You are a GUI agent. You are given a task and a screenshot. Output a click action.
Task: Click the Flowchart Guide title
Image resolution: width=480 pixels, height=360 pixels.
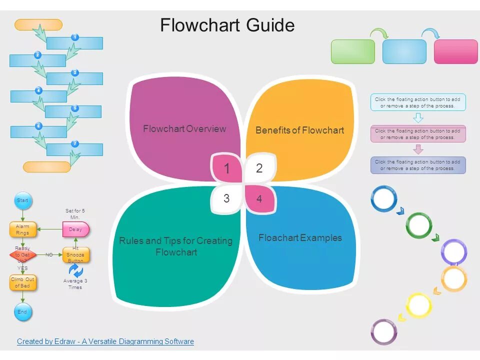(227, 25)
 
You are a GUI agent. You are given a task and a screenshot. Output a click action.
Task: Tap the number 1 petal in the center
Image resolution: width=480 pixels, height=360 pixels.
(226, 168)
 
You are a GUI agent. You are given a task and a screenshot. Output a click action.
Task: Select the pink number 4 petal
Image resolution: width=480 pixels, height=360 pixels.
(259, 198)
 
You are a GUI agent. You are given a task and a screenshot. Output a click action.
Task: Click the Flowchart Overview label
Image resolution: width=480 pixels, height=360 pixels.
(184, 129)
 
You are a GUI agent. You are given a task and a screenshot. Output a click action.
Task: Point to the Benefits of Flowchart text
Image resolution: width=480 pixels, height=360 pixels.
(299, 130)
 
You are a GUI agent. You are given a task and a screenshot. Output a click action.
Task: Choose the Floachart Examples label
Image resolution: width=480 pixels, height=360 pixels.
(300, 238)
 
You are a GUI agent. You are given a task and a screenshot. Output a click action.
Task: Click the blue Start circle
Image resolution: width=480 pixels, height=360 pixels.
(22, 200)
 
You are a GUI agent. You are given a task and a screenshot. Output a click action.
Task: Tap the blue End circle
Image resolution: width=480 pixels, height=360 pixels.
(22, 312)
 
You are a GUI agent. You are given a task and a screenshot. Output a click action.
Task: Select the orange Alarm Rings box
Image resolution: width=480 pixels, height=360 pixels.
(22, 229)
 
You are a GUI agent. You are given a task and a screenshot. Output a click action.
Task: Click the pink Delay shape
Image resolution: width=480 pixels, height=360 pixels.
(75, 229)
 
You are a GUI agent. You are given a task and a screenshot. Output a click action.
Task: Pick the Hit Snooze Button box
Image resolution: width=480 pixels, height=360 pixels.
(75, 254)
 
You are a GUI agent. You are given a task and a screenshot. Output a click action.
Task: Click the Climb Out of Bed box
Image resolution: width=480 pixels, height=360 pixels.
(22, 283)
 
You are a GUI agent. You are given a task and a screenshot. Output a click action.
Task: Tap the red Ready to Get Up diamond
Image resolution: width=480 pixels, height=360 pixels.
(22, 255)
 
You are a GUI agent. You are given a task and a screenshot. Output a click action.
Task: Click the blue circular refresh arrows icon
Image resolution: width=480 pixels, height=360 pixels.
(75, 270)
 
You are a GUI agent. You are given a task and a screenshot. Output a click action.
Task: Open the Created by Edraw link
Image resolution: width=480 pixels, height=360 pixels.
(105, 341)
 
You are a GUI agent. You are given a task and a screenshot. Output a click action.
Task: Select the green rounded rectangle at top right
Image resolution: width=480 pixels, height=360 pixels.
(353, 51)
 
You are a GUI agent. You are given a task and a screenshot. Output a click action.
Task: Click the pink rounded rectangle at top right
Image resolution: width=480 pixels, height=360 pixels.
(455, 51)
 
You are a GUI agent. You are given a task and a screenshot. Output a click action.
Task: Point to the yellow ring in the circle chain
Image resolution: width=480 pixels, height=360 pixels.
(419, 305)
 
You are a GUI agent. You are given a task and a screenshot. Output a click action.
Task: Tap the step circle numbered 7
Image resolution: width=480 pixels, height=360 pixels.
(75, 144)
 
